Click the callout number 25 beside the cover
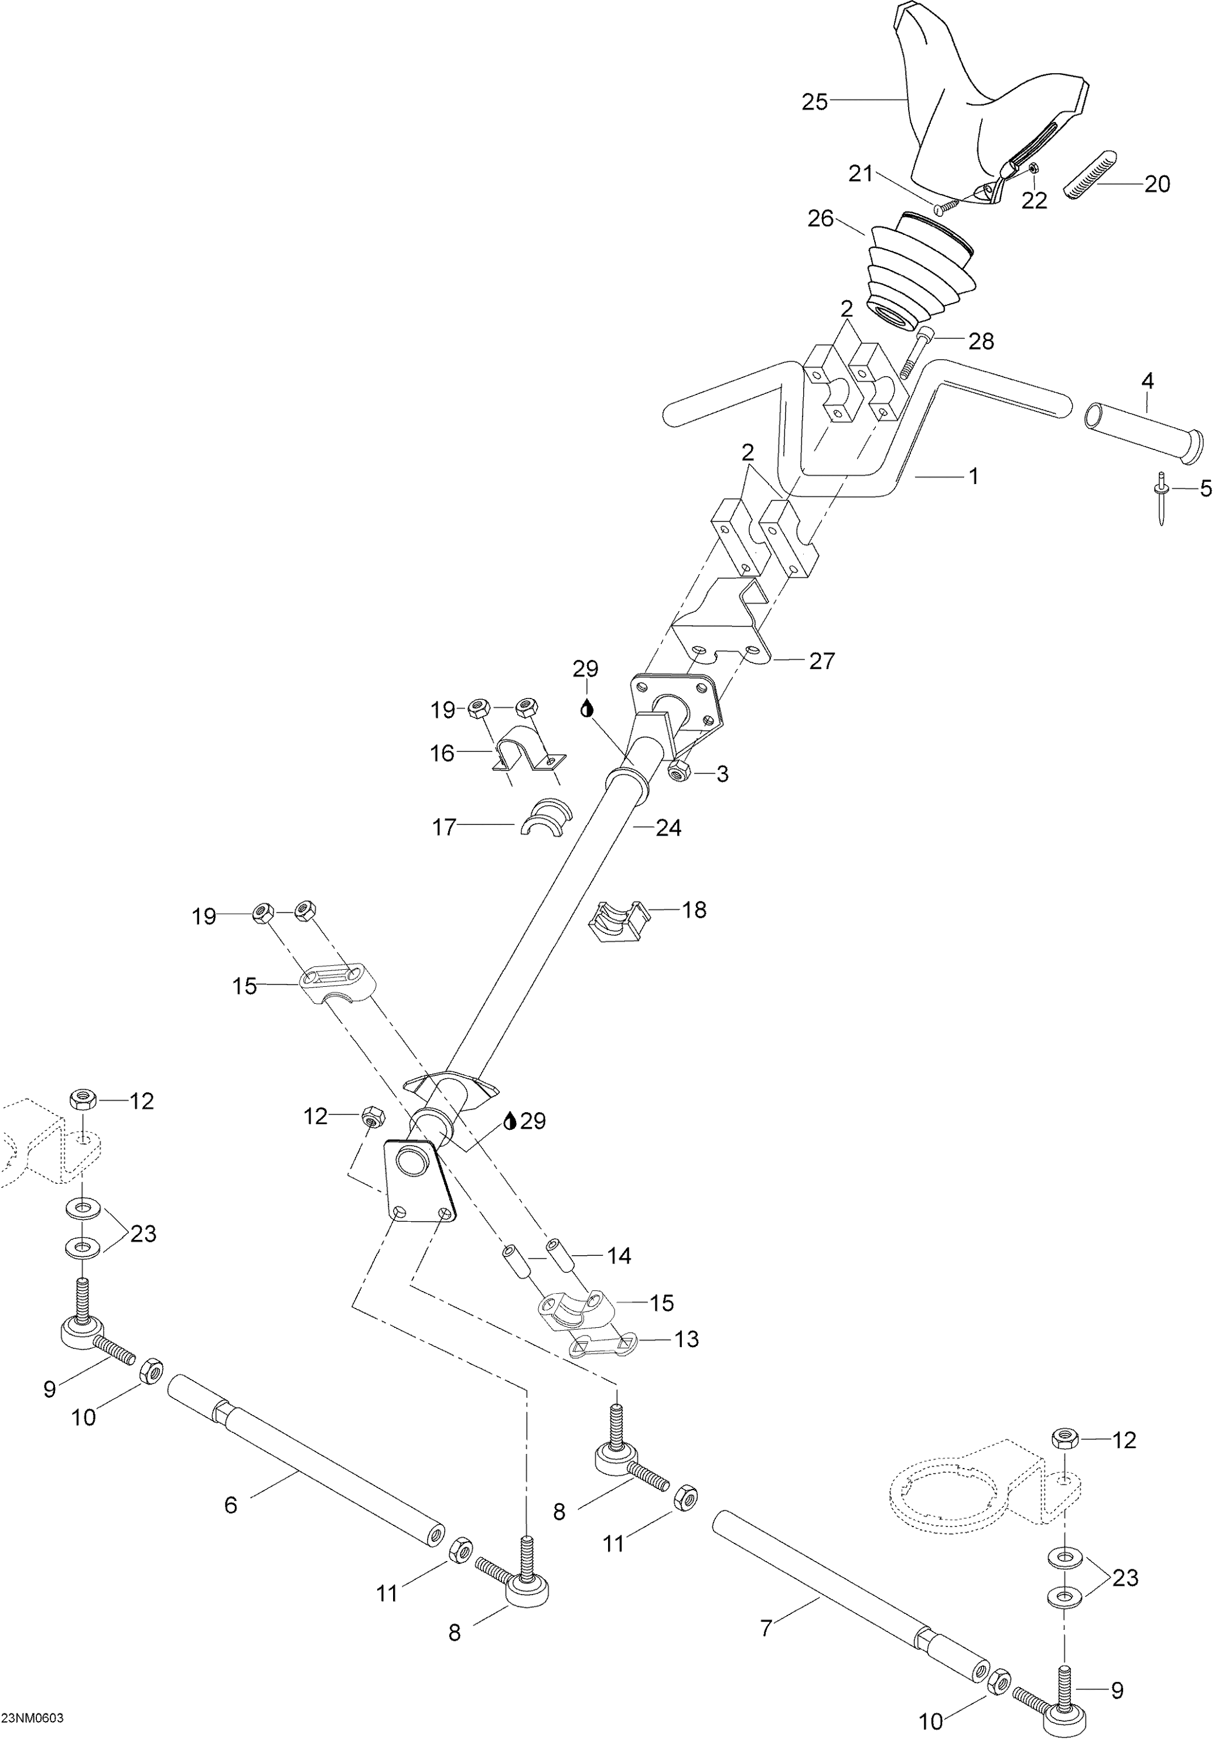coord(814,102)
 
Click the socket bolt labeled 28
coord(914,351)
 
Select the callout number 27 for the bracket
coord(821,661)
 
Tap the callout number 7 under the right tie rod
coord(767,1628)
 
